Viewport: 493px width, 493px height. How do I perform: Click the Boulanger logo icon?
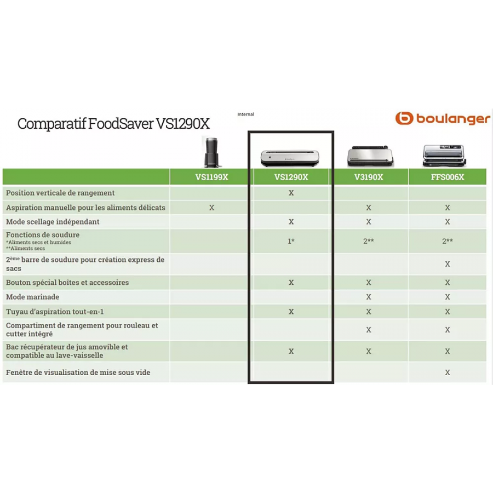pyautogui.click(x=404, y=118)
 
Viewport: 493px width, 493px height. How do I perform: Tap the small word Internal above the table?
pyautogui.click(x=245, y=114)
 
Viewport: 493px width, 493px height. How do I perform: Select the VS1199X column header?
pyautogui.click(x=211, y=177)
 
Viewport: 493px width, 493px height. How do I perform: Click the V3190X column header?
pyautogui.click(x=369, y=177)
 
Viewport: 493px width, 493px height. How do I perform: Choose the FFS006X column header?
pyautogui.click(x=448, y=177)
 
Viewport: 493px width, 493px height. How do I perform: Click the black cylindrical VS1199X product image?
pyautogui.click(x=212, y=152)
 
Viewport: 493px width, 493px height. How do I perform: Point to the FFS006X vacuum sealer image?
pyautogui.click(x=444, y=156)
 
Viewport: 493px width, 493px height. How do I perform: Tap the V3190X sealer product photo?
pyautogui.click(x=370, y=156)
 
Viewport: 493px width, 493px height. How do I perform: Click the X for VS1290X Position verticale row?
pyautogui.click(x=291, y=193)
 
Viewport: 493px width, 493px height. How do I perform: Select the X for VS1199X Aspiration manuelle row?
pyautogui.click(x=211, y=208)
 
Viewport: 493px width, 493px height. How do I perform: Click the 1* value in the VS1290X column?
pyautogui.click(x=291, y=241)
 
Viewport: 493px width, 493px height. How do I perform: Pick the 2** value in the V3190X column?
pyautogui.click(x=369, y=241)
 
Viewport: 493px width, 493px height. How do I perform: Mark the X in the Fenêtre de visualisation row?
pyautogui.click(x=448, y=372)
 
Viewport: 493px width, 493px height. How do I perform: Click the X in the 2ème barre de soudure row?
pyautogui.click(x=448, y=264)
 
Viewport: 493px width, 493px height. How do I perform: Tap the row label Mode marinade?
pyautogui.click(x=32, y=297)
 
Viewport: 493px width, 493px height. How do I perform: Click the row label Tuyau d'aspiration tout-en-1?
pyautogui.click(x=55, y=312)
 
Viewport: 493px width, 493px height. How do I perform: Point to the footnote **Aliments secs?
pyautogui.click(x=25, y=248)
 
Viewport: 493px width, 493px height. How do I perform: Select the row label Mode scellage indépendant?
pyautogui.click(x=53, y=222)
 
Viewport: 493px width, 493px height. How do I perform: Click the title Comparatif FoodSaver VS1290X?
pyautogui.click(x=113, y=124)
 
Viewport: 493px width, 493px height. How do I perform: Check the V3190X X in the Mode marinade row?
pyautogui.click(x=369, y=297)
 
